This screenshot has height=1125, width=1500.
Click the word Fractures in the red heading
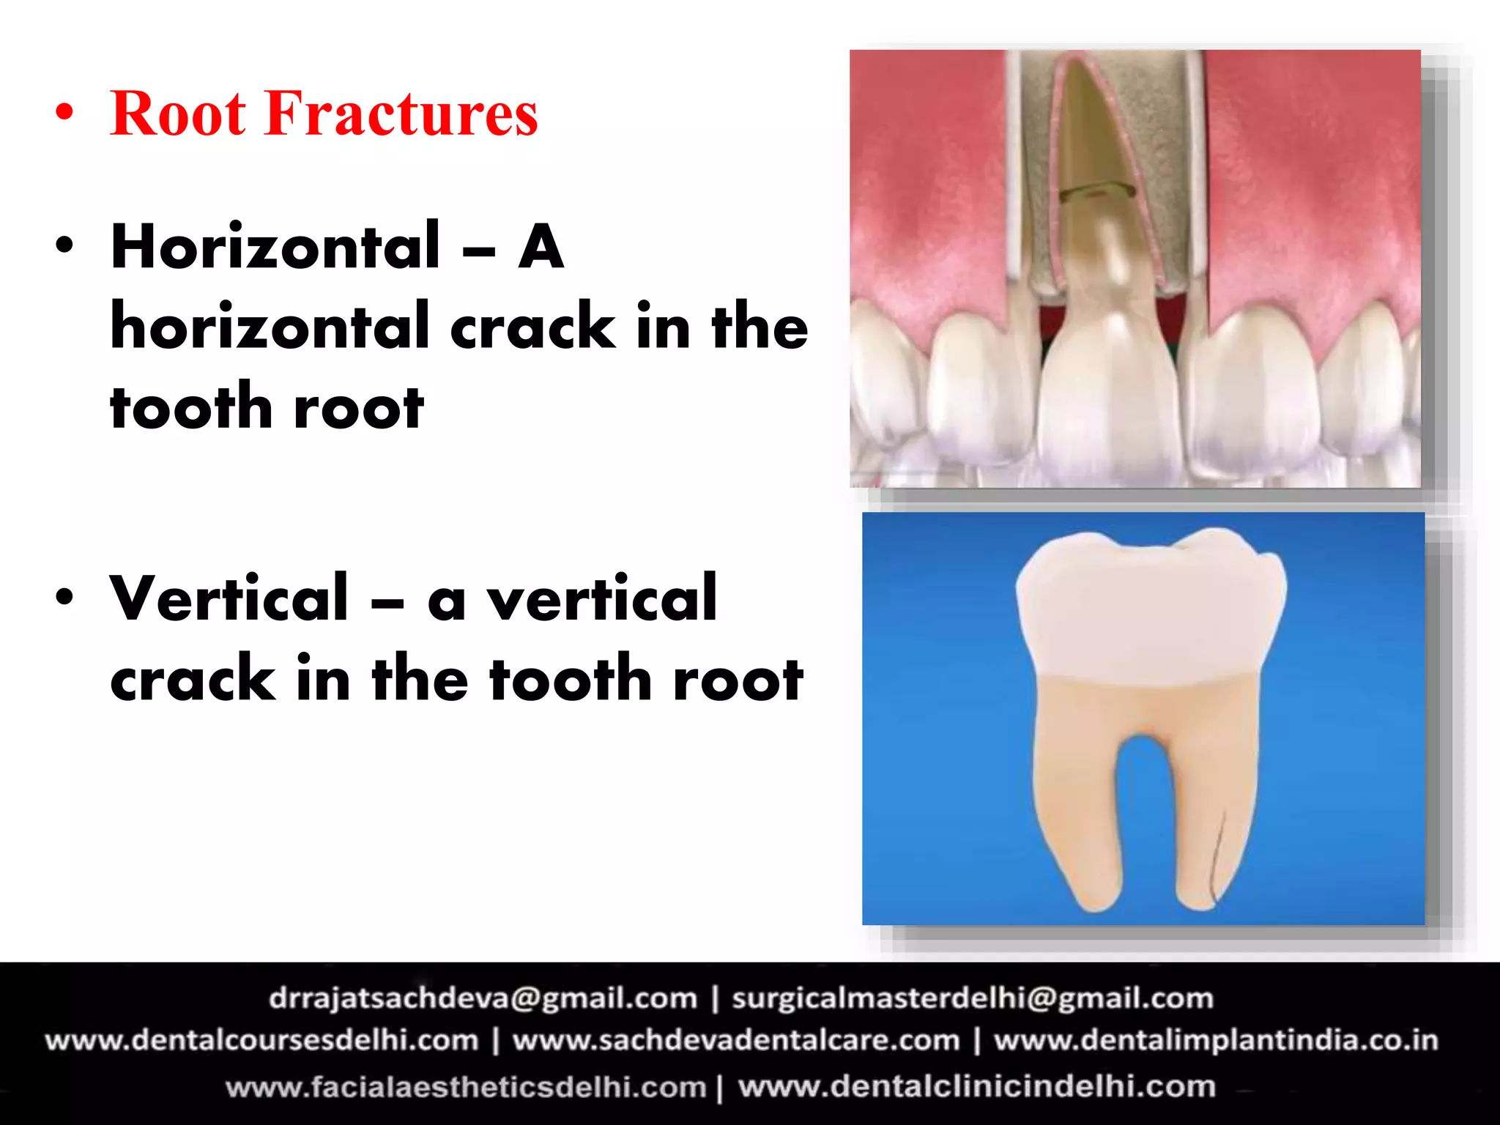click(401, 114)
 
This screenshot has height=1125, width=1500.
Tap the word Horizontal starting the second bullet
click(275, 248)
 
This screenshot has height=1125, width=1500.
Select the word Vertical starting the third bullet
click(229, 599)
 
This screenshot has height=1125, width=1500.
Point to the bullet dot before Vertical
click(64, 596)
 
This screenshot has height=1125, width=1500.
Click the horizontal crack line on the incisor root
click(1096, 191)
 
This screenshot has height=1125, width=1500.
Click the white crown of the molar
click(1150, 608)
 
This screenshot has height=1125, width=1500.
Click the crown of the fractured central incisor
click(1110, 396)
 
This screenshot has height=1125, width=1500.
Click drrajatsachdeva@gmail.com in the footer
click(483, 998)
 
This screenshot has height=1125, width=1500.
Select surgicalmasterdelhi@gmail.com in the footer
click(973, 998)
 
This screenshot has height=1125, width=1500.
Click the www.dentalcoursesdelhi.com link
click(261, 1041)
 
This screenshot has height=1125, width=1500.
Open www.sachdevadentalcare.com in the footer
click(735, 1041)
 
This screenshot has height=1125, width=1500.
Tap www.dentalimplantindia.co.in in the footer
click(1216, 1041)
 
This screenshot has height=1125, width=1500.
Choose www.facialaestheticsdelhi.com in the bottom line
click(466, 1087)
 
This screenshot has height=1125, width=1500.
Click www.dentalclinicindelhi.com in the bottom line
click(976, 1087)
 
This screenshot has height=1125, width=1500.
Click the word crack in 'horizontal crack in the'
click(532, 327)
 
